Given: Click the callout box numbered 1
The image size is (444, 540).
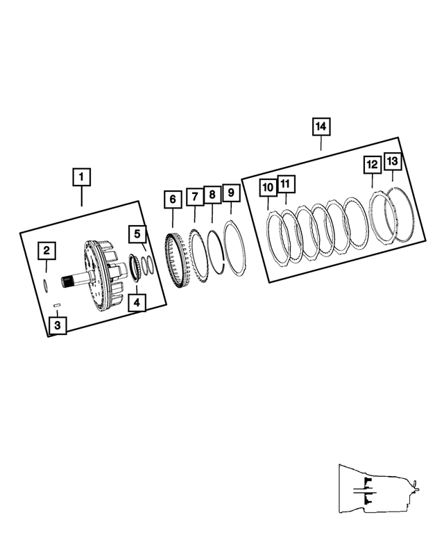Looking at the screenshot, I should coord(81,177).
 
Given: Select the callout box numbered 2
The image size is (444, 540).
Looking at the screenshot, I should coord(46,251).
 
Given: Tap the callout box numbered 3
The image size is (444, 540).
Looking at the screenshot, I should coord(58,324).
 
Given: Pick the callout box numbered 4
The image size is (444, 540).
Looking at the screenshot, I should coord(137,302).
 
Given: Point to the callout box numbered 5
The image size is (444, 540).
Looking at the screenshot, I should coord(137,234).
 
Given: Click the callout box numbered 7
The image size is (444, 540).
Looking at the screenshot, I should coord(194,198).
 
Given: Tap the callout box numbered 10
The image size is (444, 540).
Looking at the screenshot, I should coord(268,187).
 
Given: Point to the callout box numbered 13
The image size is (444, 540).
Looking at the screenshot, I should coord(392,162).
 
